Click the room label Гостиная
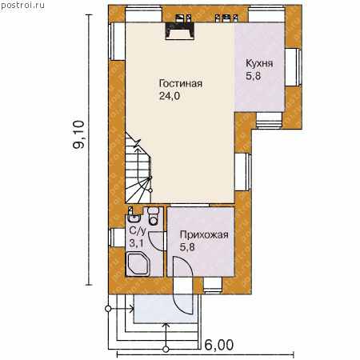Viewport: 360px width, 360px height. click(x=181, y=83)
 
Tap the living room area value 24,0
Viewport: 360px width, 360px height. click(x=170, y=96)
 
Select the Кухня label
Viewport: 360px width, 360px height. click(x=259, y=63)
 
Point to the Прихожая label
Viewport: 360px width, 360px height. click(x=204, y=235)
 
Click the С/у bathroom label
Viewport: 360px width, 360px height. click(x=138, y=231)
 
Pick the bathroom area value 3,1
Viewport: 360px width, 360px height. click(x=136, y=243)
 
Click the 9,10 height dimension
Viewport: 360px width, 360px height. click(x=78, y=134)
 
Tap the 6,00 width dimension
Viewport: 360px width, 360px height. click(x=219, y=345)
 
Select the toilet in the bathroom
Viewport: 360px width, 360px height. click(x=153, y=215)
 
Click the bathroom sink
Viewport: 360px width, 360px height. click(x=134, y=218)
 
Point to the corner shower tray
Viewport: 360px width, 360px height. click(x=138, y=264)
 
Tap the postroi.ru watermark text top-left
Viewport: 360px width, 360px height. click(x=22, y=5)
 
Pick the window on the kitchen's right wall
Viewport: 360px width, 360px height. click(x=294, y=67)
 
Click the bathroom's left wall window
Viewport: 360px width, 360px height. click(x=117, y=238)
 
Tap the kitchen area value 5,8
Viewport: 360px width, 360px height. click(x=253, y=76)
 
